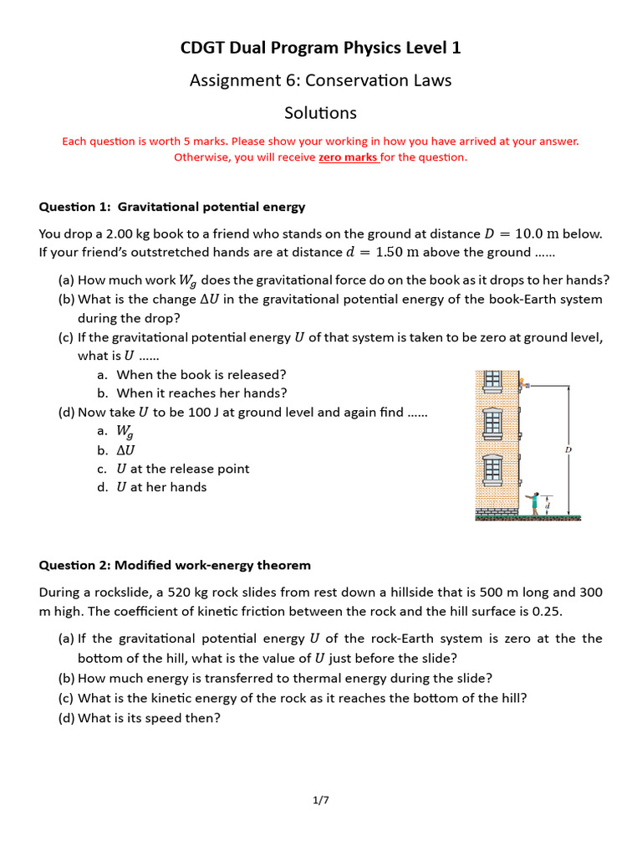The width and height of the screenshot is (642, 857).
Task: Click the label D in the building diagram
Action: point(568,450)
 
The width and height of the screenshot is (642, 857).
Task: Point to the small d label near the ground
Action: point(548,505)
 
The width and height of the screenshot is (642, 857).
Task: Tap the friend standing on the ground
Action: point(533,502)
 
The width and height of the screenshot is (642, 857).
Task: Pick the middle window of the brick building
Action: point(493,424)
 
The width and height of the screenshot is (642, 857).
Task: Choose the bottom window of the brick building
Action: point(493,470)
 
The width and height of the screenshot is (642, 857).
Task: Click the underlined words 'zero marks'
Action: point(349,157)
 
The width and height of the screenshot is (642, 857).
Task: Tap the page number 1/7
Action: point(321,800)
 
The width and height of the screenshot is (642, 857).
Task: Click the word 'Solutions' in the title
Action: point(321,113)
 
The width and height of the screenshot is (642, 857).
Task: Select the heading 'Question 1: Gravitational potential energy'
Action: point(172,207)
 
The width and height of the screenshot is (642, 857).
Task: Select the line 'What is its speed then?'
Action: point(149,717)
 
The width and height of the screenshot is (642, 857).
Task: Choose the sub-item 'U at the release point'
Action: point(183,469)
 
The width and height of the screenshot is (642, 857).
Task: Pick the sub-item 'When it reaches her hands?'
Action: point(201,393)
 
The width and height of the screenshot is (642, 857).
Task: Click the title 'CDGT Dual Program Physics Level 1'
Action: point(321,49)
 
